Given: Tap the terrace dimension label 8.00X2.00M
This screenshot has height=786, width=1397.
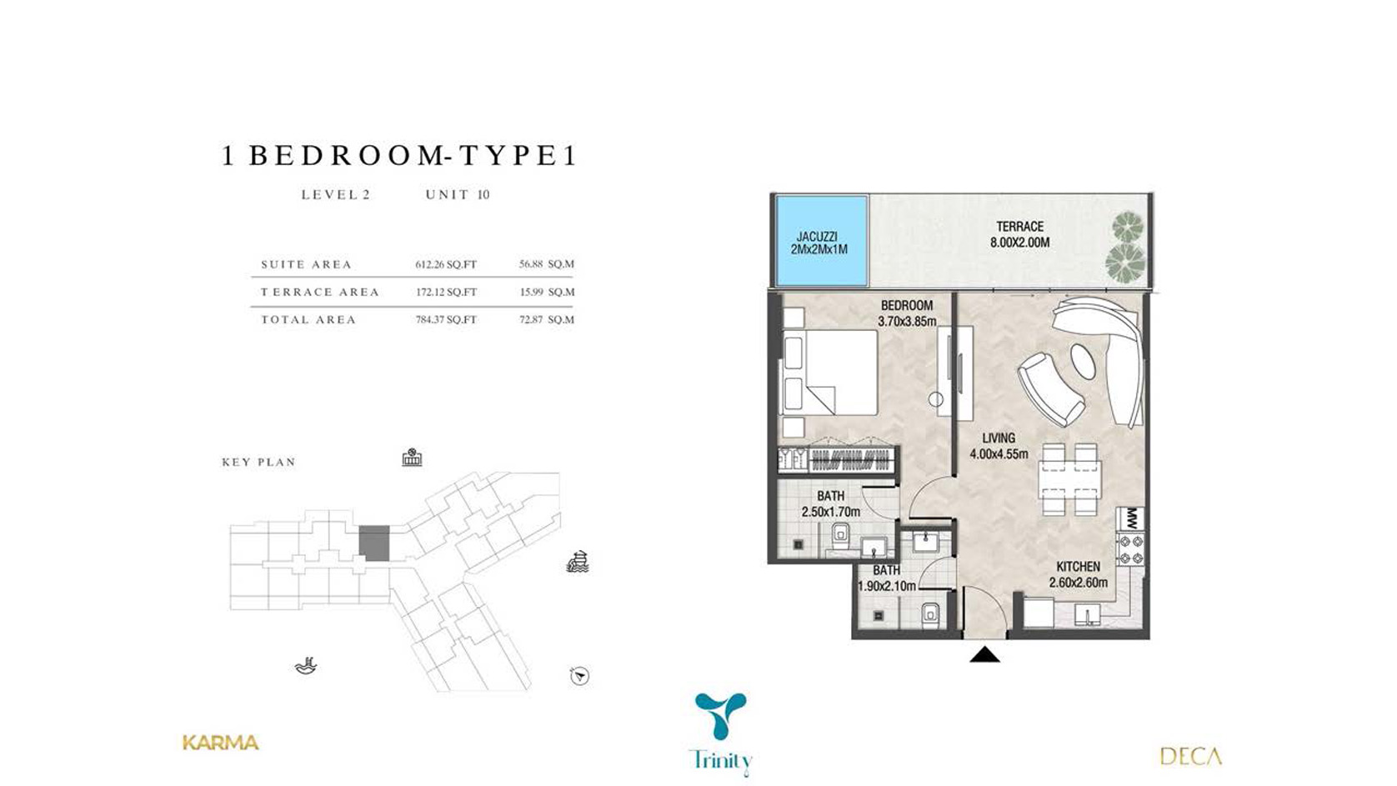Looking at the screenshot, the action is [1019, 243].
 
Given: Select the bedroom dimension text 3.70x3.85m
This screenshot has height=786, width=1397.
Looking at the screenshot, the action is [907, 322].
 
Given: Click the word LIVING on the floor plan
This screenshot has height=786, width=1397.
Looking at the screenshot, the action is [999, 438].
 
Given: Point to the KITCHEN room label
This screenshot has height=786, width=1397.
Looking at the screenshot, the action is [1078, 567].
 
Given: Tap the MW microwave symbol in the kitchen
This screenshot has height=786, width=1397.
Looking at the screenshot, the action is [1131, 518].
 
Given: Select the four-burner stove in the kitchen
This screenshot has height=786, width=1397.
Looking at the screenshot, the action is [1130, 548].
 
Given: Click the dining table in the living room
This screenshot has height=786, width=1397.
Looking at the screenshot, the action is [1069, 479].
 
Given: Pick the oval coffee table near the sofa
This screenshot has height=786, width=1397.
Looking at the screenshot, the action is [1084, 361].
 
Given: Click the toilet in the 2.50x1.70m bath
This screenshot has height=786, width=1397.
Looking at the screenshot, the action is [839, 538].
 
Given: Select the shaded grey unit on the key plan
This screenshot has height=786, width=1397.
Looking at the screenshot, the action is [374, 543].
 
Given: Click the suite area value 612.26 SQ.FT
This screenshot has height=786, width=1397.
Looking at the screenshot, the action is [446, 264].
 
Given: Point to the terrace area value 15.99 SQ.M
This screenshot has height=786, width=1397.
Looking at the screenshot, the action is [546, 292].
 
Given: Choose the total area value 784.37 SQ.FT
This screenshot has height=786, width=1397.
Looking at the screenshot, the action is [446, 319].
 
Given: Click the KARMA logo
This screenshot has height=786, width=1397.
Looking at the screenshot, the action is [221, 743].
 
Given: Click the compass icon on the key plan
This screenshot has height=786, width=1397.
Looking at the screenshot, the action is [579, 676].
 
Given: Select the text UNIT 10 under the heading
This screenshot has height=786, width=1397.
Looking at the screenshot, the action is [457, 195].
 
